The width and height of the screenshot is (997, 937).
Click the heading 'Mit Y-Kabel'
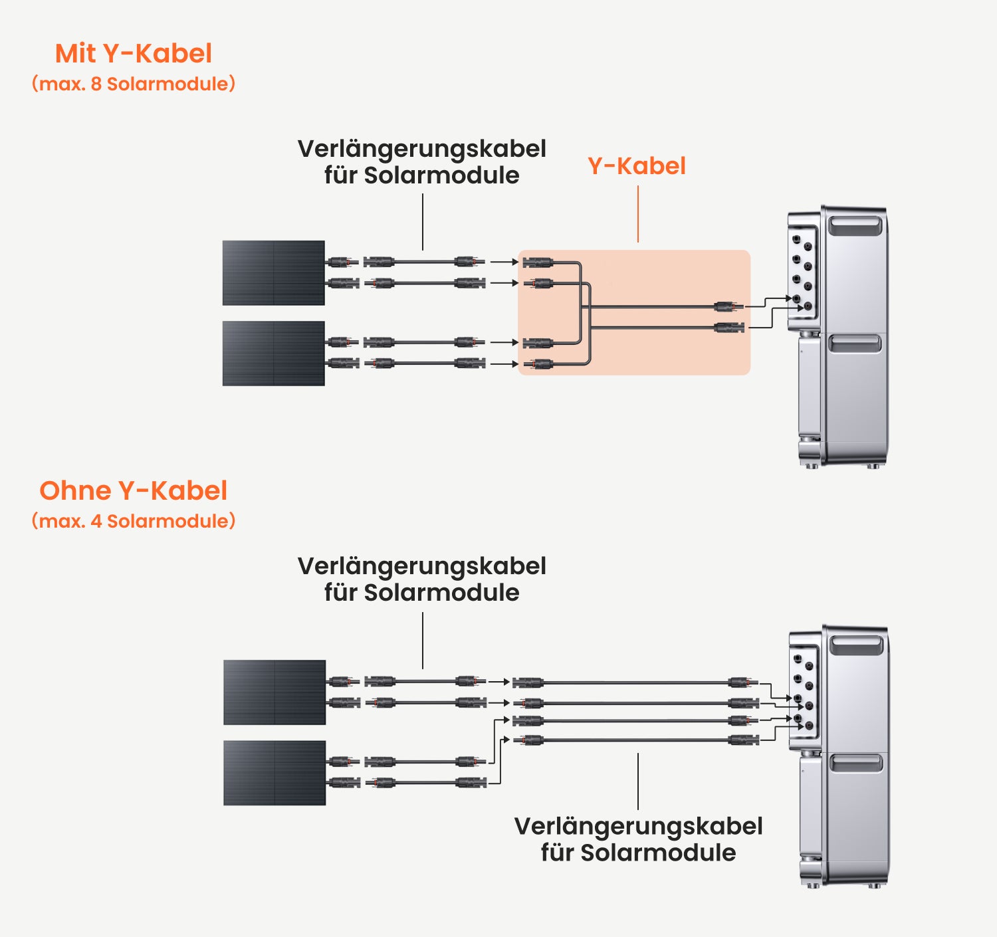134,54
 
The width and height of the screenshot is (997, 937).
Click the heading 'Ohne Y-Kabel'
134,490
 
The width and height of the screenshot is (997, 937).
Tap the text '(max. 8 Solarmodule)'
134,84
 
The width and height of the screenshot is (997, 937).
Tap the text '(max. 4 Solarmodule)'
134,521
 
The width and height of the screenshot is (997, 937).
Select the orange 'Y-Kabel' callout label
637,166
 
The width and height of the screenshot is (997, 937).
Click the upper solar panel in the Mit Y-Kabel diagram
274,272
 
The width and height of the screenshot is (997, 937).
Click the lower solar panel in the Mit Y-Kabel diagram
274,354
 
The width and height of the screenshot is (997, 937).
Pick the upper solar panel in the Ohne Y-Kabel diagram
275,692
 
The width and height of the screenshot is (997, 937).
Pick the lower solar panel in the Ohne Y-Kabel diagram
275,773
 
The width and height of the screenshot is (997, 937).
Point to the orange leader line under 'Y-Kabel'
638,215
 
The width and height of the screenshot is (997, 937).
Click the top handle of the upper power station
855,225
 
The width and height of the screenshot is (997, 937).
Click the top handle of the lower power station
857,645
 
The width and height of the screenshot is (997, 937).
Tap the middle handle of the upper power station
854,344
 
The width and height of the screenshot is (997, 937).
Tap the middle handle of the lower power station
856,764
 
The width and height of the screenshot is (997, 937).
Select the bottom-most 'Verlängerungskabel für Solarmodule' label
638,839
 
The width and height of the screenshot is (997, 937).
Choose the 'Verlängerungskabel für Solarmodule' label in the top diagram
421,162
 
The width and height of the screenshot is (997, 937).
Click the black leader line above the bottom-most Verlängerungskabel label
638,781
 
